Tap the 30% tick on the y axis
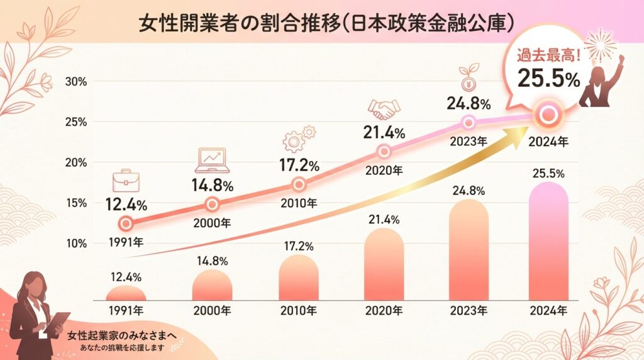click(76, 81)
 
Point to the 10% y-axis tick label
click(76, 243)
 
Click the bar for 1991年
click(126, 293)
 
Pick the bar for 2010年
click(299, 278)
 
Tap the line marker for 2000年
click(213, 204)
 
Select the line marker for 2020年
click(384, 151)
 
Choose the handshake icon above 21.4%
click(384, 110)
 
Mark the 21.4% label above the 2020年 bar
click(384, 218)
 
